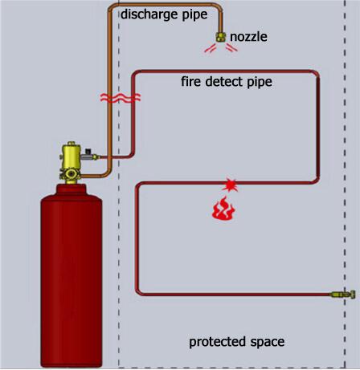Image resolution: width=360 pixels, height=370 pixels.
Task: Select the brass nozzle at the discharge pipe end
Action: pos(219,36)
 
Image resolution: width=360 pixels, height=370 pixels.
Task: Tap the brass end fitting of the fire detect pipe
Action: pos(349,296)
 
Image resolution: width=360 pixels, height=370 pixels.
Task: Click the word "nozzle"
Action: pos(248,37)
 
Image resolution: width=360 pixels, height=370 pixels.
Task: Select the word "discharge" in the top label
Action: pos(149,13)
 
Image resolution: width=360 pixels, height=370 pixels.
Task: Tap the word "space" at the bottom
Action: pos(268,343)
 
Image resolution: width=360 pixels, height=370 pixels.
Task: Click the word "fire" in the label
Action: pos(191,81)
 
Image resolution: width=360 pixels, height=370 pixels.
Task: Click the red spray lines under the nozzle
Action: pos(220,49)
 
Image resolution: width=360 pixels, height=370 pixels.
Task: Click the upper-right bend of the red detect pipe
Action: pos(318,75)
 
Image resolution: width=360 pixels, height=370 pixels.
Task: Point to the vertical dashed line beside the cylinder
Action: pos(120,241)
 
